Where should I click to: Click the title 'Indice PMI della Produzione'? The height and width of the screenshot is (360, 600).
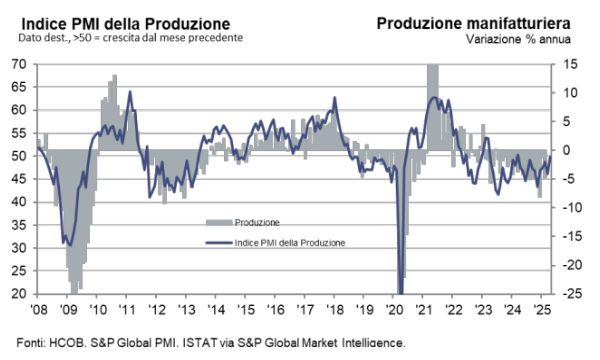126,24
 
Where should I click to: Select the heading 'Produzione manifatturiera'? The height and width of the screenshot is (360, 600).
474,23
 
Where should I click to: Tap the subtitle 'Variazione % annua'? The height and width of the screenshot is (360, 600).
518,39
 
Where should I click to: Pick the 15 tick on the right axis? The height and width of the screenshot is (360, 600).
570,64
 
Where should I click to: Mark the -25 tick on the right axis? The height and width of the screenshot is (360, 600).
568,294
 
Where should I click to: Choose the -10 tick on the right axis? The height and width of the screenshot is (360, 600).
568,208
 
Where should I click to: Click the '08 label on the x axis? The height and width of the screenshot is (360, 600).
39,309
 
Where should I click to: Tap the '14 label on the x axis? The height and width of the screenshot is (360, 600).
216,309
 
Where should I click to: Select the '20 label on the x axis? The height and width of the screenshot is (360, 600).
395,309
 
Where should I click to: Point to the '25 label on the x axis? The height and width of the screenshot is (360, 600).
542,309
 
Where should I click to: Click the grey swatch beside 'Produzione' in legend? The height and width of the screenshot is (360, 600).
219,222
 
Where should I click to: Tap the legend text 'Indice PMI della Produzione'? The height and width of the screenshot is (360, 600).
290,243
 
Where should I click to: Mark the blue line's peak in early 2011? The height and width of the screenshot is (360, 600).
130,91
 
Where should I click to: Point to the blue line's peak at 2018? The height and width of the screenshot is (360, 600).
335,97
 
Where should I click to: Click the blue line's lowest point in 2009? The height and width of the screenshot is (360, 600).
70,245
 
